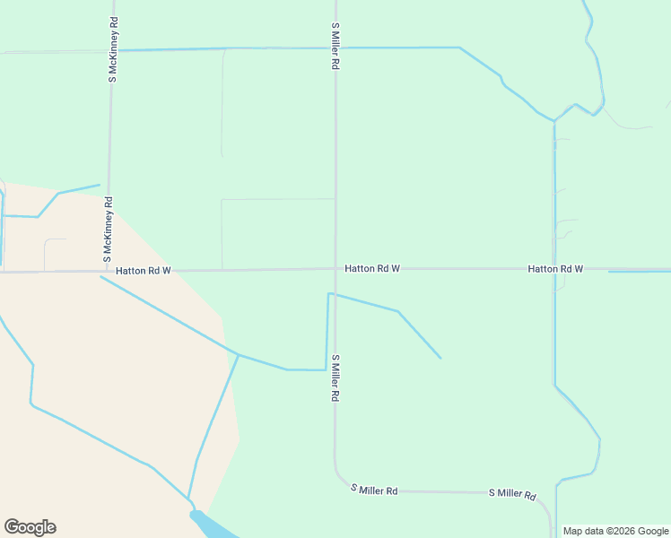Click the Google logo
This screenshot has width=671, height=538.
pos(30,527)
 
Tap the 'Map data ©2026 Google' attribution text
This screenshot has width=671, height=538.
pos(616,531)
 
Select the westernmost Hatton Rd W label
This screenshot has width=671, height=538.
pos(143,270)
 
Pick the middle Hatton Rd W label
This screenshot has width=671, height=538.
pos(372,268)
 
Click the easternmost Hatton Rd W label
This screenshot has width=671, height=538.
pos(555,268)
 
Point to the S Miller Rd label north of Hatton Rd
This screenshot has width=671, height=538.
pos(335,47)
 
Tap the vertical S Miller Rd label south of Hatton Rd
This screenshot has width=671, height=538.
pos(335,377)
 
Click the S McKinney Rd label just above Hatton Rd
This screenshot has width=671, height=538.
pos(108,230)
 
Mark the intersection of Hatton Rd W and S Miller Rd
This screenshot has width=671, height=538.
pos(335,268)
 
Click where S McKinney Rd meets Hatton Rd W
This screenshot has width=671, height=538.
pos(108,270)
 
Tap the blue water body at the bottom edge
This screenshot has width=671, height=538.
pos(210,525)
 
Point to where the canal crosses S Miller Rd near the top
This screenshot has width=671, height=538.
pos(335,48)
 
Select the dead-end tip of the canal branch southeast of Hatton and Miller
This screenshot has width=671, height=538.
pos(440,359)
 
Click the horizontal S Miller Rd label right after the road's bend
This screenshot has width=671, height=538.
pos(374,490)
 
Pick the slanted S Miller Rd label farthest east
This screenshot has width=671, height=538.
pos(512,494)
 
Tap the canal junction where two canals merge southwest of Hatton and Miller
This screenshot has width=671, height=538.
pos(238,355)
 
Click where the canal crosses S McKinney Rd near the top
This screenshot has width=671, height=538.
pos(111,50)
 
